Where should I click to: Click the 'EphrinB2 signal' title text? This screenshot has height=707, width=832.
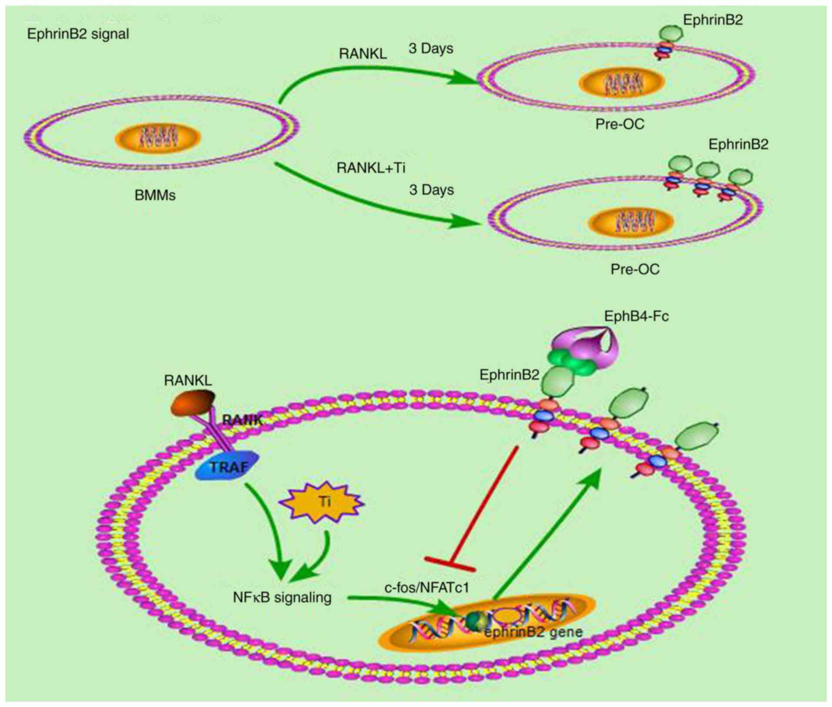[78, 34]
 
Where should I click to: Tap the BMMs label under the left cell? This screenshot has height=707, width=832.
[155, 195]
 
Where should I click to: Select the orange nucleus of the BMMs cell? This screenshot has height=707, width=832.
[157, 137]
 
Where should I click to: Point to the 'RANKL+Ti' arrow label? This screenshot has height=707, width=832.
[371, 168]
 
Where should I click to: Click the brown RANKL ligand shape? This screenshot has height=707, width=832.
[193, 403]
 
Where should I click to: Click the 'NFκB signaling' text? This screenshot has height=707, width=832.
[282, 597]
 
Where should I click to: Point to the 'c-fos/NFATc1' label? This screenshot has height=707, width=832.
[427, 587]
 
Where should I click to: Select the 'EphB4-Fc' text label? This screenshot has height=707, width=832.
[636, 316]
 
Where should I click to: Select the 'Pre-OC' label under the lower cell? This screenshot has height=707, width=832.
[635, 269]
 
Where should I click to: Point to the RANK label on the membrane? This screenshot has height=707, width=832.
[242, 420]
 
